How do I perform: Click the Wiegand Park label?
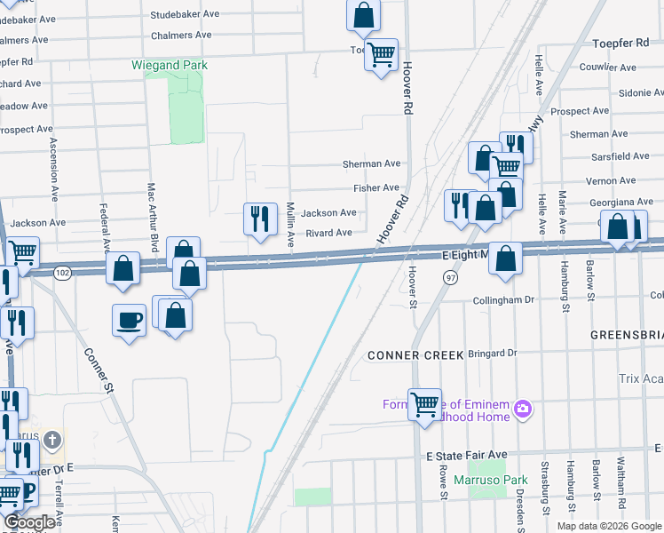[169, 65]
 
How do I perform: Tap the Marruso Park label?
[484, 481]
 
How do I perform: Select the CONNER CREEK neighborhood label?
[415, 355]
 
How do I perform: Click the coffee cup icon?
[129, 319]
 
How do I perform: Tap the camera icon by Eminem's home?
[523, 409]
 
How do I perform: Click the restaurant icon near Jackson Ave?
[259, 219]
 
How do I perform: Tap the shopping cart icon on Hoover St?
[424, 404]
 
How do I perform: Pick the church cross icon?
[52, 440]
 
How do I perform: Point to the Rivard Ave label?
[328, 233]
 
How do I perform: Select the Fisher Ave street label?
[376, 188]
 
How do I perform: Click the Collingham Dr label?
[503, 300]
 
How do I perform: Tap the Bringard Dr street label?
[492, 353]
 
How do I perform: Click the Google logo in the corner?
[29, 522]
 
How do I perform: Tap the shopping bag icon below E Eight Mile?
[505, 259]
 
